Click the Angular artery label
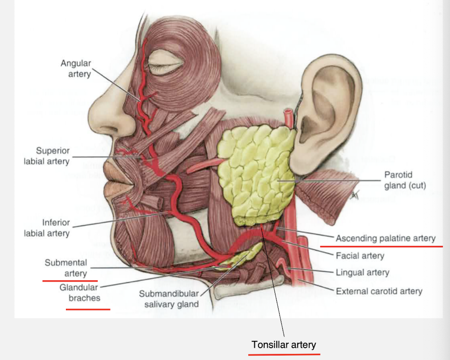pos(76,68)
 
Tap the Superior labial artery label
pos(46,155)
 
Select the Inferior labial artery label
pos(46,228)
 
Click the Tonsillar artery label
pos(284,345)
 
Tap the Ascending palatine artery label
pos(385,238)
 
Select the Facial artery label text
pos(360,255)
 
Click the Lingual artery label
pos(362,273)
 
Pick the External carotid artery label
pos(379,291)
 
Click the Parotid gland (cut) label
pos(405,180)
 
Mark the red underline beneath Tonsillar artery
pos(286,353)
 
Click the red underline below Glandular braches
pos(88,309)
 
